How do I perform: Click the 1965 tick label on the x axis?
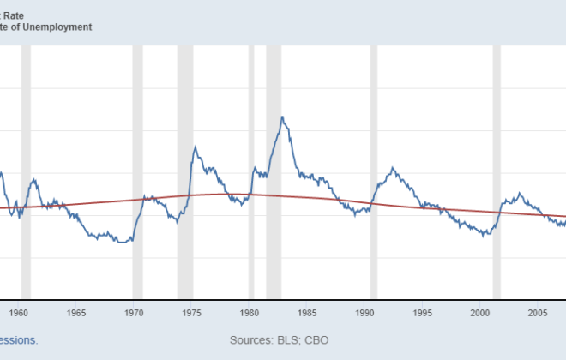(x=75, y=313)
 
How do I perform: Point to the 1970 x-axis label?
(x=134, y=313)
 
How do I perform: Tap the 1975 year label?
(x=191, y=313)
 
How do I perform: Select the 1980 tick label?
(x=250, y=313)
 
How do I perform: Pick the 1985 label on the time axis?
(x=307, y=313)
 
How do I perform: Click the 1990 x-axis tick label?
(x=365, y=313)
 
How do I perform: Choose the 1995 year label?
(x=423, y=313)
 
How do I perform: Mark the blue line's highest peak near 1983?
(x=282, y=117)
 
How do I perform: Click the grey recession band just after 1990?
(x=373, y=171)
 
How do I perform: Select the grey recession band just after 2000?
(x=497, y=171)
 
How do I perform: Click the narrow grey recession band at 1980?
(x=251, y=171)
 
